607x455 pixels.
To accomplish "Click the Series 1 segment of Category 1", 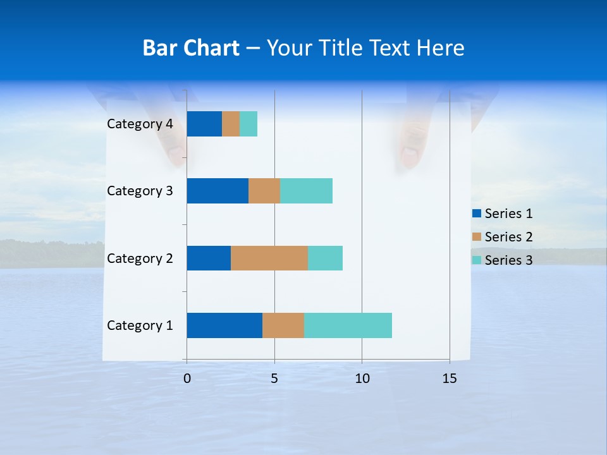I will pyautogui.click(x=224, y=325).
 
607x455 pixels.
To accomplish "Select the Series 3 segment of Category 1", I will pyautogui.click(x=348, y=325).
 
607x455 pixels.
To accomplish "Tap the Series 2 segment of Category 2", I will pyautogui.click(x=269, y=258).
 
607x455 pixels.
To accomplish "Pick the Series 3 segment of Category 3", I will pyautogui.click(x=306, y=191).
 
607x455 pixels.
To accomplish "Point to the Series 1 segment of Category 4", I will pyautogui.click(x=204, y=124).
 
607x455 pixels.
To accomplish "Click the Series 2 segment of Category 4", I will pyautogui.click(x=231, y=124).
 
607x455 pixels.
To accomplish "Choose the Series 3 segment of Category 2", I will pyautogui.click(x=325, y=258).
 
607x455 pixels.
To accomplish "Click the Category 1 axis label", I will pyautogui.click(x=140, y=325).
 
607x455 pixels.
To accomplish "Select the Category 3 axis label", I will pyautogui.click(x=140, y=191).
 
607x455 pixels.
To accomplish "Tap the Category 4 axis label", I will pyautogui.click(x=140, y=124).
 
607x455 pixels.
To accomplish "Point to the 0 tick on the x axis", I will pyautogui.click(x=187, y=379).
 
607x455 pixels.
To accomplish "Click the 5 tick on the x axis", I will pyautogui.click(x=274, y=379).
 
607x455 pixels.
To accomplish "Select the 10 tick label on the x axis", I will pyautogui.click(x=362, y=379).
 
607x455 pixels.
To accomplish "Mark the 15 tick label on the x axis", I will pyautogui.click(x=449, y=379).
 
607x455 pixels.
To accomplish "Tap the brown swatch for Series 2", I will pyautogui.click(x=477, y=237).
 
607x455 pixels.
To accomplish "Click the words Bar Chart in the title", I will pyautogui.click(x=191, y=48).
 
